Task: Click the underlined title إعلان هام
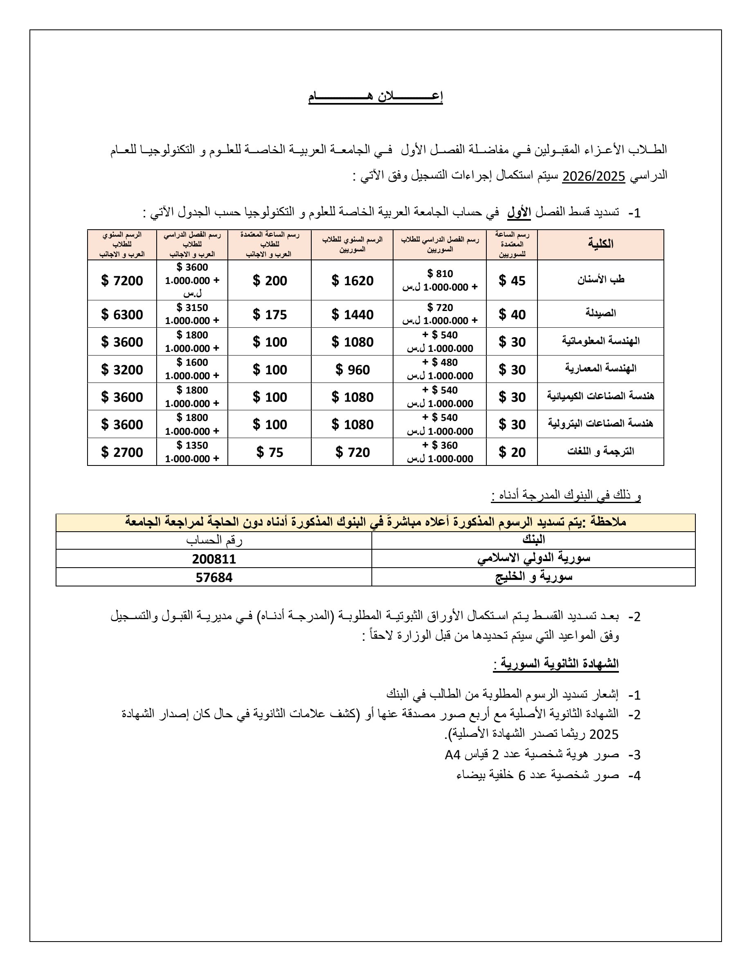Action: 375,97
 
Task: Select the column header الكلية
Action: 600,244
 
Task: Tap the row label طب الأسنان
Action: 600,280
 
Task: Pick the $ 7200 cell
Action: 122,280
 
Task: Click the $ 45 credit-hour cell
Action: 512,280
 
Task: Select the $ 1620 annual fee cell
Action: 352,280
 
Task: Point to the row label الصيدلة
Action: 600,313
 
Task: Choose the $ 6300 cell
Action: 122,314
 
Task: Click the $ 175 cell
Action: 270,314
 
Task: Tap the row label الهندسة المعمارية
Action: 600,368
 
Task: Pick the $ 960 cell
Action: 352,369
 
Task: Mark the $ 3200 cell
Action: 122,369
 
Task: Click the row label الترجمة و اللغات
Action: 600,451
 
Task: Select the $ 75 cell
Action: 270,452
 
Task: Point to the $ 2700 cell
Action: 122,452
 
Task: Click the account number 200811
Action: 214,559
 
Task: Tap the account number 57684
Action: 214,577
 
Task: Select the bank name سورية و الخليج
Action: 533,577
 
